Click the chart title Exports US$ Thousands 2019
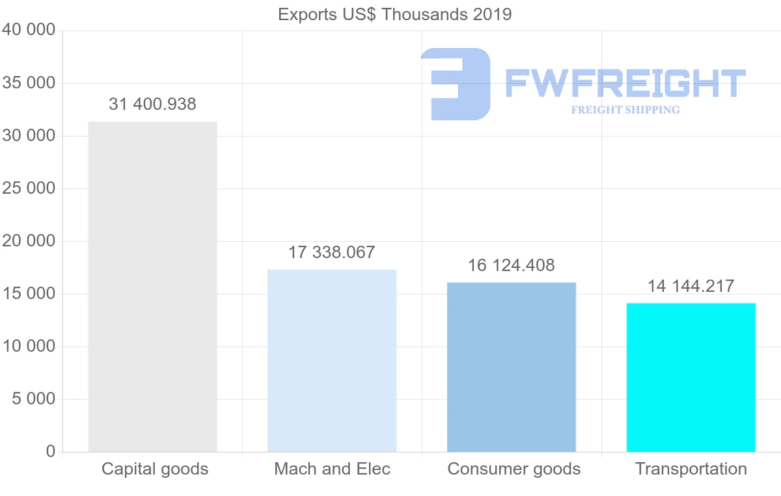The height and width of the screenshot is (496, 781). (394, 14)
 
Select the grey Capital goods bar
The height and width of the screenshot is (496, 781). (152, 286)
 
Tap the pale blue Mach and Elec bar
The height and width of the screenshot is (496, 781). (332, 361)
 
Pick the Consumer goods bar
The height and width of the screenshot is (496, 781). (512, 367)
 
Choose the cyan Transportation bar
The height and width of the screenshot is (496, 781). (691, 377)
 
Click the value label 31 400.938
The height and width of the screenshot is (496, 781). (152, 104)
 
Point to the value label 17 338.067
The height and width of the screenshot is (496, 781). (332, 252)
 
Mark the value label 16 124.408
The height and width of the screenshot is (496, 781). (512, 265)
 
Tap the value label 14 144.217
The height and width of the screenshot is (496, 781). (691, 286)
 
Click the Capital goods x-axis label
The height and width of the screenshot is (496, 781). (155, 469)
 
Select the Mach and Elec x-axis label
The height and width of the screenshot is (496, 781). (332, 469)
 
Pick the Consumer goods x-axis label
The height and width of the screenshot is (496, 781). (514, 469)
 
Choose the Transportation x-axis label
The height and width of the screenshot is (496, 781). (691, 469)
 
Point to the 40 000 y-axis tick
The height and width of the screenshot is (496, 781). (29, 30)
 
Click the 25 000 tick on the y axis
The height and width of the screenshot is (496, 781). (29, 189)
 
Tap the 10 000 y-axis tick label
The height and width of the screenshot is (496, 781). (29, 346)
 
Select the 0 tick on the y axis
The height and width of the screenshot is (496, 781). (51, 451)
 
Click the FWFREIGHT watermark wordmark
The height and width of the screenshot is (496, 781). (625, 83)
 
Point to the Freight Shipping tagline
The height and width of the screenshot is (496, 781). (625, 110)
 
